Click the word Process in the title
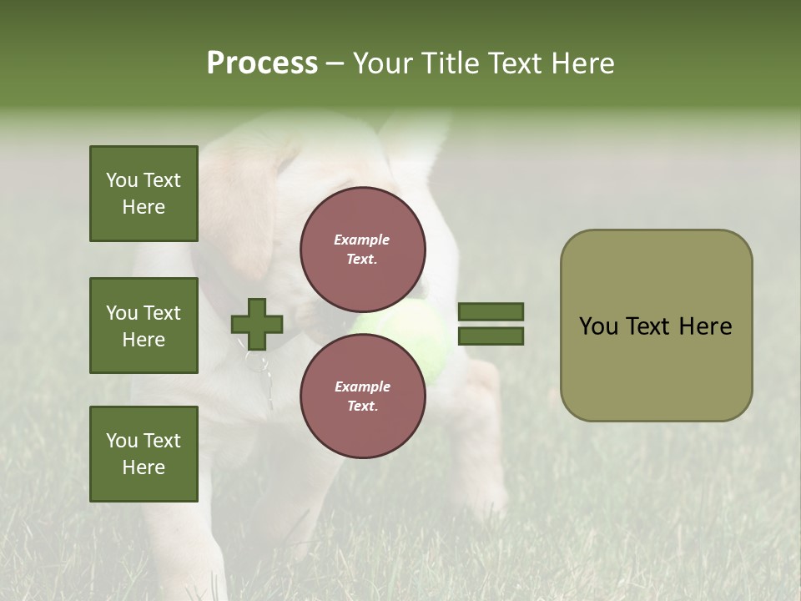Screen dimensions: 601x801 coord(262,63)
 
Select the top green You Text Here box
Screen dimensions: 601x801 coord(144,194)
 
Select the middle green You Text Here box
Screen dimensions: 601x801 coord(144,326)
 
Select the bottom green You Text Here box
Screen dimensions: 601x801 coord(144,454)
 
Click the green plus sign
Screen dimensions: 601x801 coord(257,324)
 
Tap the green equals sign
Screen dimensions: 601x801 coord(491,324)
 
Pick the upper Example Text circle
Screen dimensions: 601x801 coord(362,250)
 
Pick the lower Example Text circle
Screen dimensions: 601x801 coord(362,396)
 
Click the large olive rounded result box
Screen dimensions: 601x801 coord(656,326)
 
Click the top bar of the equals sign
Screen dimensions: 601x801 coord(491,312)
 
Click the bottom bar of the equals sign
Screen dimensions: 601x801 coord(491,336)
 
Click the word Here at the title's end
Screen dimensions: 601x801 coord(583,63)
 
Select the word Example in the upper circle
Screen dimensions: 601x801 coord(362,240)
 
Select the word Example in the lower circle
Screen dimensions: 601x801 coord(362,387)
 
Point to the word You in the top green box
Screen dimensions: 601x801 coord(121,180)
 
